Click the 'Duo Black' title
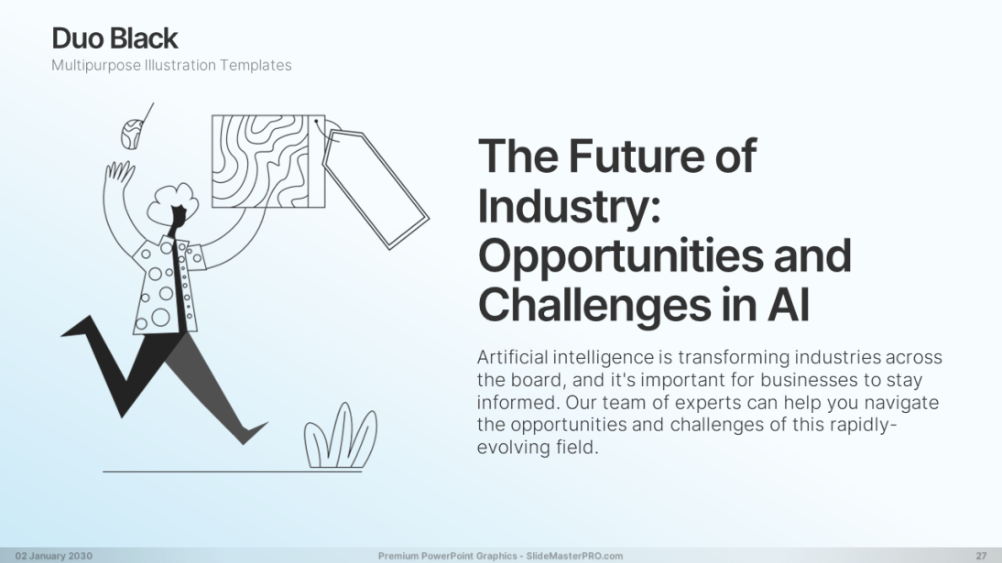(x=114, y=38)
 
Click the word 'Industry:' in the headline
(x=570, y=205)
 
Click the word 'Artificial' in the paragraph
(x=513, y=357)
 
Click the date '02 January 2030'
(x=54, y=556)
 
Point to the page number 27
(x=981, y=556)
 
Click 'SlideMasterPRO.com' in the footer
(x=574, y=556)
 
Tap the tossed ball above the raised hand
(x=131, y=134)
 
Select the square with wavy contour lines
(x=268, y=161)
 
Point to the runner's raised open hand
(x=119, y=172)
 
